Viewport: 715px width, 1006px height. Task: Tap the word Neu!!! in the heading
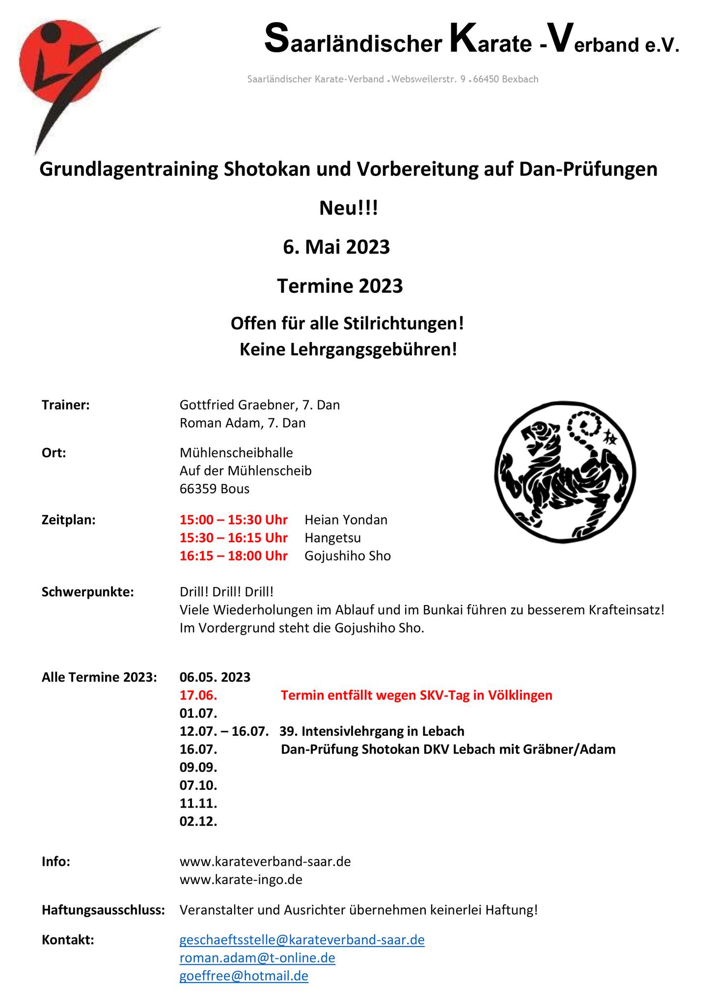click(x=349, y=208)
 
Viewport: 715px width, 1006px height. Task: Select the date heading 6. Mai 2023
click(x=336, y=247)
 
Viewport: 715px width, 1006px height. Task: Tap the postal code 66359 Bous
click(x=215, y=489)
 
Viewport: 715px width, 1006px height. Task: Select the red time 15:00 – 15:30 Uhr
click(x=234, y=520)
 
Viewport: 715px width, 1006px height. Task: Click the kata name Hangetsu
click(x=332, y=538)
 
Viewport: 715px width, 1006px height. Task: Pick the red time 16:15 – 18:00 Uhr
click(x=234, y=556)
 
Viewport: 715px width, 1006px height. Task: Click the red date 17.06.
click(x=198, y=695)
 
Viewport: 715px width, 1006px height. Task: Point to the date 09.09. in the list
click(x=198, y=767)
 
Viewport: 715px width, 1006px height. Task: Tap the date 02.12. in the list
click(x=198, y=821)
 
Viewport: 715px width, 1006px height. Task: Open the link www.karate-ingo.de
click(x=241, y=879)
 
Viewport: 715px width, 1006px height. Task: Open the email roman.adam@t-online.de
click(x=257, y=957)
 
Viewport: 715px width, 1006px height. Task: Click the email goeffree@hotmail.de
click(x=244, y=976)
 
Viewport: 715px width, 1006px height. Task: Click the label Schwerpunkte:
click(x=88, y=592)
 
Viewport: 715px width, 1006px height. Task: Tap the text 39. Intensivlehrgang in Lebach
click(x=372, y=731)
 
